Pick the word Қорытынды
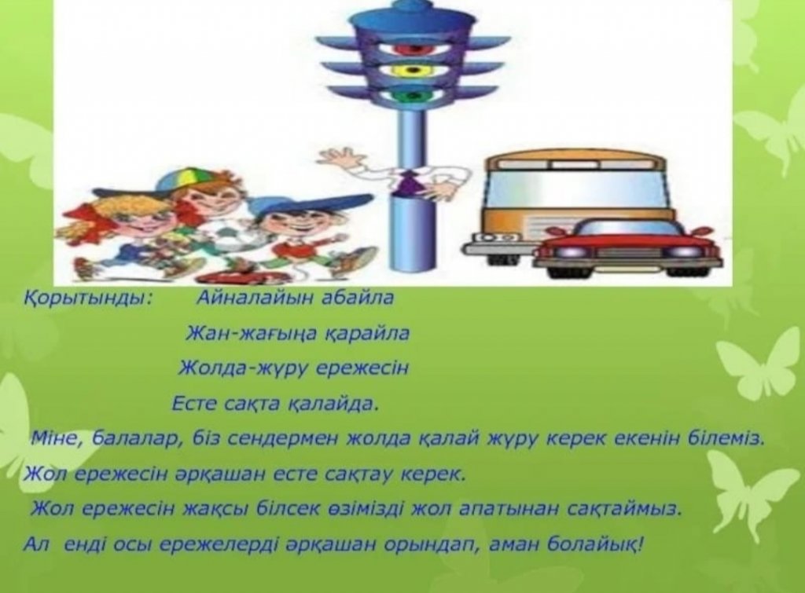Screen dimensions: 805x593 (87, 298)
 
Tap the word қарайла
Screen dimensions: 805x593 (366, 334)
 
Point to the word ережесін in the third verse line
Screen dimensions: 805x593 (362, 368)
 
